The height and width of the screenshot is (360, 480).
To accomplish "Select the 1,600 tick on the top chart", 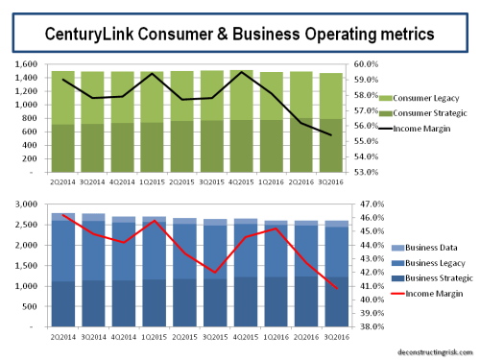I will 25,64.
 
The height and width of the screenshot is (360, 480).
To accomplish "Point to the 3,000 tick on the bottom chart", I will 25,204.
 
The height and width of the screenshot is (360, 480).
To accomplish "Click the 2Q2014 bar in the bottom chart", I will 62,270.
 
